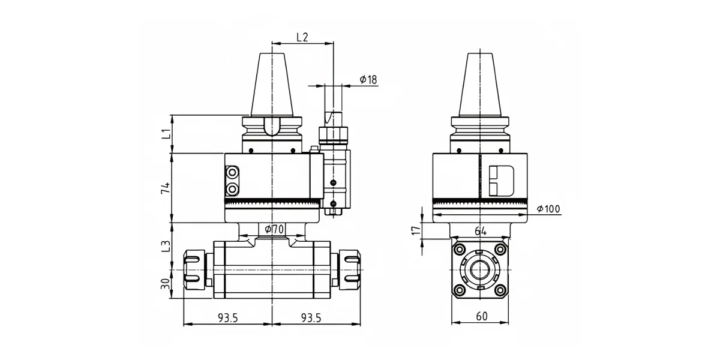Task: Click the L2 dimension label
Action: pos(302,37)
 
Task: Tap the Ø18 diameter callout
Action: pos(368,79)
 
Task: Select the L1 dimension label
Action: pos(166,134)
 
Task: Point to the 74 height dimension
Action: pos(166,188)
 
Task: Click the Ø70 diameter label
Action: pos(274,229)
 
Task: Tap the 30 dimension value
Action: pos(165,284)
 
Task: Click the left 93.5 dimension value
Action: pos(228,318)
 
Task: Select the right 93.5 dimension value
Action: pos(311,318)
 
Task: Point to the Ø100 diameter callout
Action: pos(548,209)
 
